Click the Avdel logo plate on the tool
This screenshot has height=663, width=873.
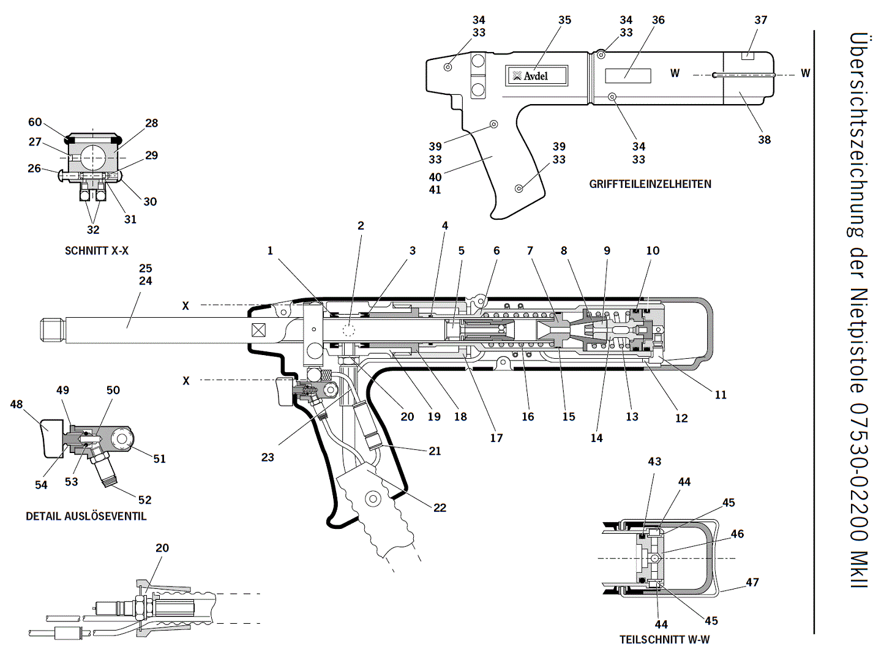pos(536,75)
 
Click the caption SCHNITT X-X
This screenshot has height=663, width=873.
pos(97,251)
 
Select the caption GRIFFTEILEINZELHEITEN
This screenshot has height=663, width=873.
pos(650,184)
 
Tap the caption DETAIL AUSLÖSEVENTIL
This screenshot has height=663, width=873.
pos(86,516)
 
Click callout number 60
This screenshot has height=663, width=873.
pos(35,122)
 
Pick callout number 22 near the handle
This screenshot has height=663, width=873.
pos(440,508)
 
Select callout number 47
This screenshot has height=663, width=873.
pos(752,582)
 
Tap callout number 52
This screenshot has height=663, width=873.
pos(144,500)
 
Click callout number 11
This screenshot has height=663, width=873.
pos(721,395)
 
